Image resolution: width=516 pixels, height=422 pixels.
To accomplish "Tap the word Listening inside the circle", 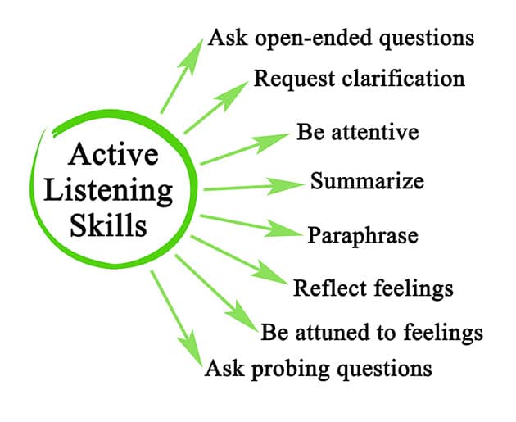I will pyautogui.click(x=109, y=190).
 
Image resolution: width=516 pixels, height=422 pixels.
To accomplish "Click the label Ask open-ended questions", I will pyautogui.click(x=342, y=38).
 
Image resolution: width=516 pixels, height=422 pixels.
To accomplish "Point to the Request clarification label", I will pyautogui.click(x=359, y=79).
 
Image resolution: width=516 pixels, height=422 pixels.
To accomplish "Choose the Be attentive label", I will pyautogui.click(x=358, y=132).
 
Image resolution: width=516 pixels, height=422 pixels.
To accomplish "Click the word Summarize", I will pyautogui.click(x=366, y=179).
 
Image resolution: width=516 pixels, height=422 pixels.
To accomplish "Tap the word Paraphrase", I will pyautogui.click(x=363, y=236).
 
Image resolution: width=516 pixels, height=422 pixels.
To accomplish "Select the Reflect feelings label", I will pyautogui.click(x=373, y=288).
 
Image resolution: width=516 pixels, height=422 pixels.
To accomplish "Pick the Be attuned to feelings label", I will pyautogui.click(x=372, y=333).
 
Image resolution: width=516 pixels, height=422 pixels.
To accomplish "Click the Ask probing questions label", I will pyautogui.click(x=318, y=368).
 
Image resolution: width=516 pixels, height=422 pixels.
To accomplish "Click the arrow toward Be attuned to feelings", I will pyautogui.click(x=217, y=293).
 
